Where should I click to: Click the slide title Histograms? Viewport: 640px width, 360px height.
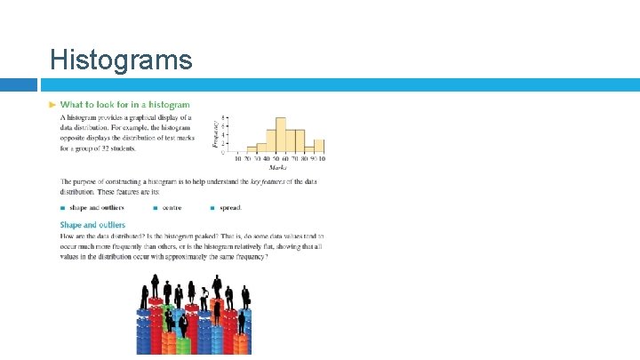(121, 60)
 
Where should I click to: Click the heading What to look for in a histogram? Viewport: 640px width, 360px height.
(124, 105)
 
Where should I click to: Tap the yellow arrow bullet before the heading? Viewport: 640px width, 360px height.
(52, 105)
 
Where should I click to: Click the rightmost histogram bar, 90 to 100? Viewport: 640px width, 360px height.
(319, 146)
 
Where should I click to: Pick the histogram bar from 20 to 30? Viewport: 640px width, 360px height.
(252, 148)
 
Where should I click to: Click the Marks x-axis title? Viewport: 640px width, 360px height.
(278, 167)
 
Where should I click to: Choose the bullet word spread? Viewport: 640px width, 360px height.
(229, 208)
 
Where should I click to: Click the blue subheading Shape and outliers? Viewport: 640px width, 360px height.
(92, 225)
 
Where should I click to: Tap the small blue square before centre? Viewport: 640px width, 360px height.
(156, 208)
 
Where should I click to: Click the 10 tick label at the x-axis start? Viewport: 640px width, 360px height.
(237, 159)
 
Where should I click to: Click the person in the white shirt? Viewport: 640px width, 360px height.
(204, 295)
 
